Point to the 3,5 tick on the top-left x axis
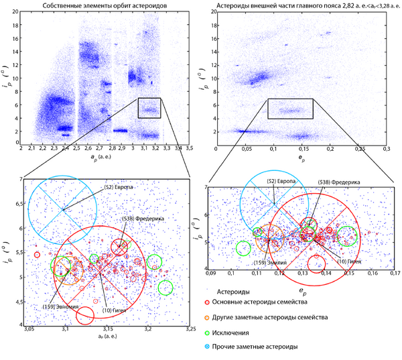coord(190,147)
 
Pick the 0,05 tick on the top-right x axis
coord(247,147)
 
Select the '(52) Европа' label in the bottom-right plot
coord(279,182)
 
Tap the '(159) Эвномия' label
coord(58,306)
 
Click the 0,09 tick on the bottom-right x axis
coord(211,273)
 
